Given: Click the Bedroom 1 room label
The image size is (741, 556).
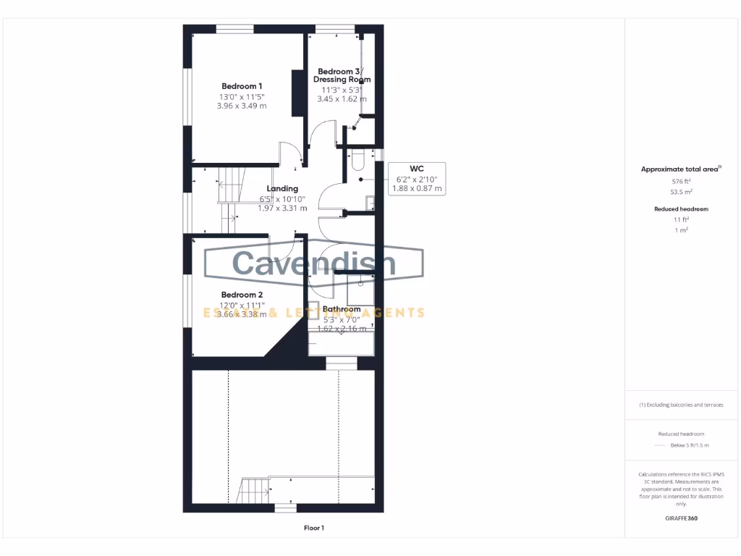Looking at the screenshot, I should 242,86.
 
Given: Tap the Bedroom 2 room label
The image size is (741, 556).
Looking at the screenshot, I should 242,295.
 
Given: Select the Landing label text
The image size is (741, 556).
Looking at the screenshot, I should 282,188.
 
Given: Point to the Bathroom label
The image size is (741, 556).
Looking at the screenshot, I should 342,309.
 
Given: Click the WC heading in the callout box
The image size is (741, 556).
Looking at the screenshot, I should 416,168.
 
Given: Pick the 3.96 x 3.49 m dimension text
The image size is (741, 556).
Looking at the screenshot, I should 242,106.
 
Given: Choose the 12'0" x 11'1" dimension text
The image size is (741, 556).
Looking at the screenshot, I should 242,305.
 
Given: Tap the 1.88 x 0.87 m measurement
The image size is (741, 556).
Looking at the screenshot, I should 416,188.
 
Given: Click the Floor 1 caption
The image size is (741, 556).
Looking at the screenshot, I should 314,528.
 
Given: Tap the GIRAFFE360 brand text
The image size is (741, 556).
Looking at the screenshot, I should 680,518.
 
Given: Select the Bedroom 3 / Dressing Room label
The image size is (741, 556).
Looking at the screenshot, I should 342,75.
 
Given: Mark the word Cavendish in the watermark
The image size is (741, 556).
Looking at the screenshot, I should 314,263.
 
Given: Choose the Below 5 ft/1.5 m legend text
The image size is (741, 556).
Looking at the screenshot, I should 690,445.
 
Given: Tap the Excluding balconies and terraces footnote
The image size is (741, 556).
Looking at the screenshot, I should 680,405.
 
